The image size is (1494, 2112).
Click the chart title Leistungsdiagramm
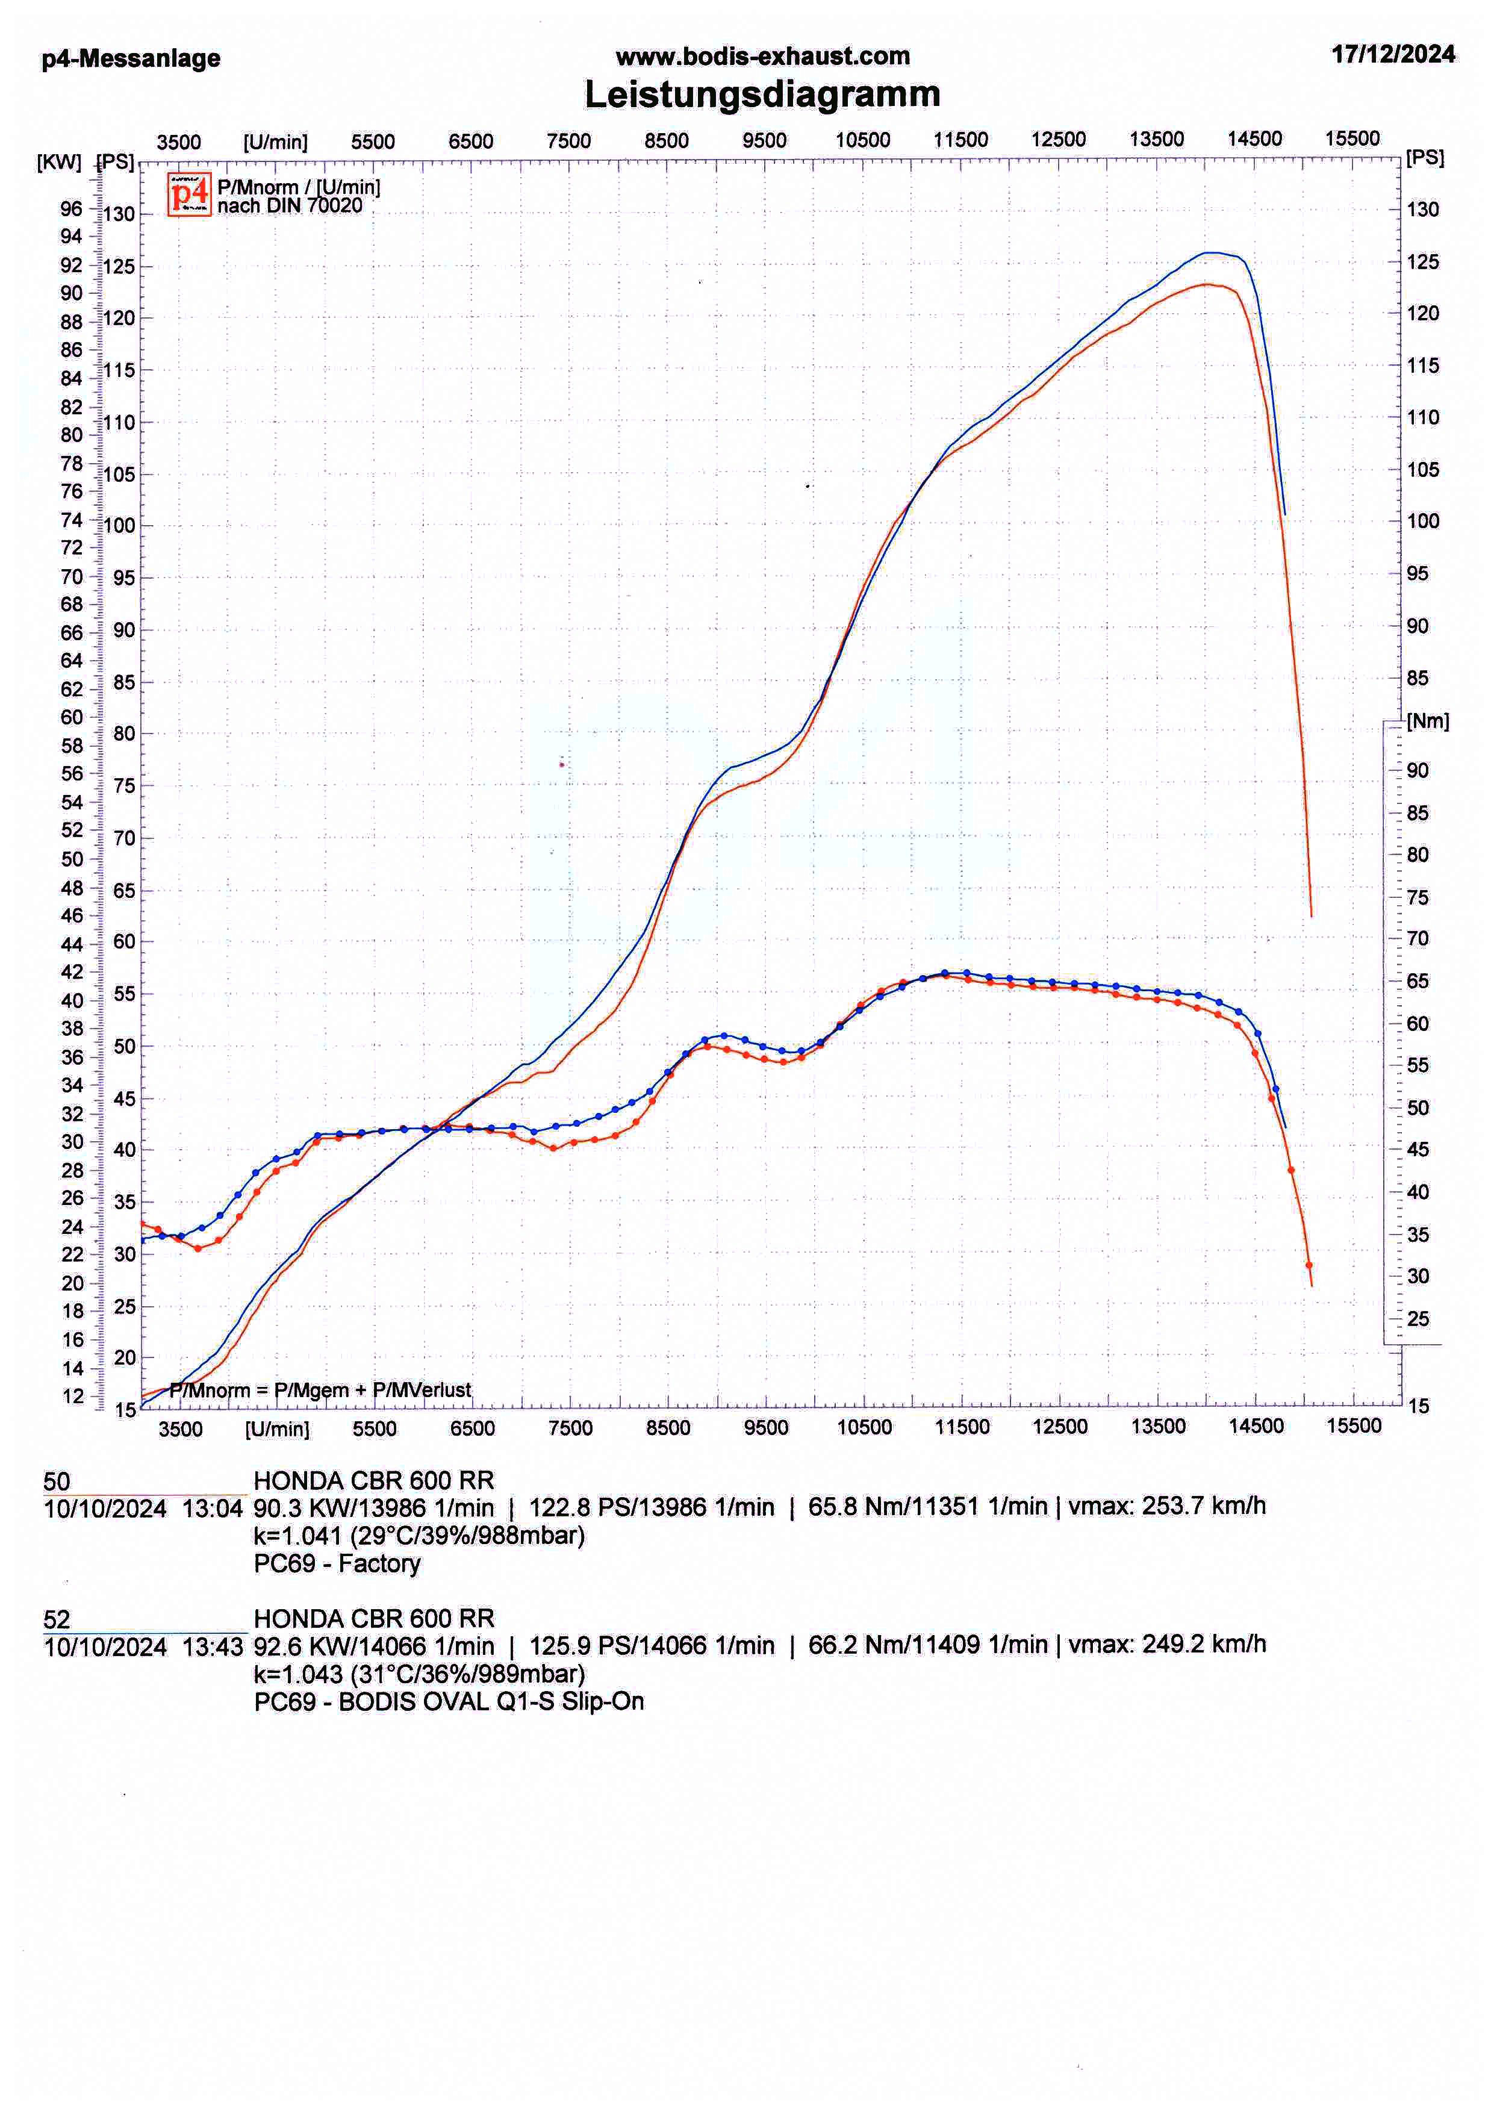click(762, 95)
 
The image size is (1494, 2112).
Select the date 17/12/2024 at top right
click(1393, 54)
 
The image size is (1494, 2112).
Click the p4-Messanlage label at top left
click(131, 59)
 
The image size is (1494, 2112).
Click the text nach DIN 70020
click(290, 206)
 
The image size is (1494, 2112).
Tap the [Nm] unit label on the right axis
click(1427, 721)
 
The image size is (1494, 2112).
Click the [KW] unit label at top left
click(59, 163)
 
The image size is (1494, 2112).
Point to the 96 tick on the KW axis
click(71, 209)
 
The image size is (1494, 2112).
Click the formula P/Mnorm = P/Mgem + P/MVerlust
click(320, 1390)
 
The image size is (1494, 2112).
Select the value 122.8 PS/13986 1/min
click(652, 1507)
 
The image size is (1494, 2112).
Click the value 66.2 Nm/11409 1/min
click(927, 1645)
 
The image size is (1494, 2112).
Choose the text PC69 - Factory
click(337, 1564)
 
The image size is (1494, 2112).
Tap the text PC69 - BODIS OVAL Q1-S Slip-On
click(449, 1702)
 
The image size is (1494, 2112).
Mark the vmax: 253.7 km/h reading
click(1166, 1506)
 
